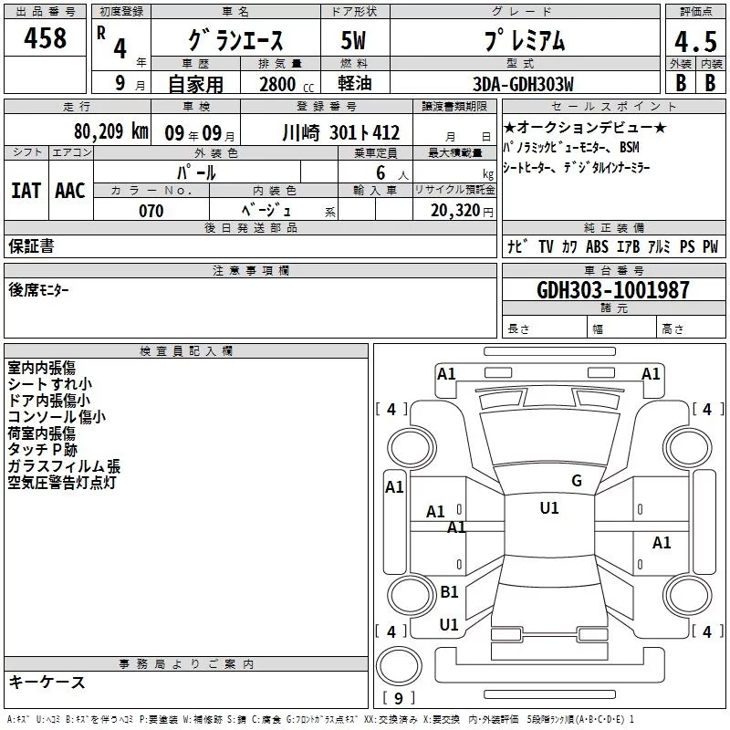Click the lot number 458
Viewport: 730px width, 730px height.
(x=45, y=37)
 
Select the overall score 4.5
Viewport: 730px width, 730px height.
(x=695, y=42)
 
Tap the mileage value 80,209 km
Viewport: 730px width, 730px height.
(x=110, y=131)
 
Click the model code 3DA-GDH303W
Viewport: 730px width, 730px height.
(x=523, y=84)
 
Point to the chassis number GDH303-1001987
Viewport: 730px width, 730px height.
(x=613, y=289)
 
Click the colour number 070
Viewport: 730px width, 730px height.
(x=151, y=211)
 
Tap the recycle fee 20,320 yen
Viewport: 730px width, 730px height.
(x=462, y=211)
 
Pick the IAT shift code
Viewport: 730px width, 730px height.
(x=26, y=191)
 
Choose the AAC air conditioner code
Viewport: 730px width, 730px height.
(x=70, y=191)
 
